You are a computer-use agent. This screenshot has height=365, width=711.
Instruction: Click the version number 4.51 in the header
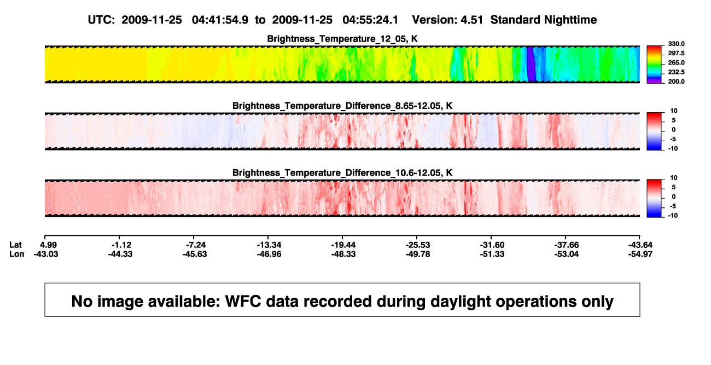[471, 20]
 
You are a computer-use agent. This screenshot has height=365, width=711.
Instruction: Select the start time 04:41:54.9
[220, 20]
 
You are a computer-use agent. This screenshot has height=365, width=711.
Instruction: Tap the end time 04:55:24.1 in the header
[370, 20]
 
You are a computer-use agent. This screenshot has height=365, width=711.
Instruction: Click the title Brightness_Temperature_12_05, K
[342, 39]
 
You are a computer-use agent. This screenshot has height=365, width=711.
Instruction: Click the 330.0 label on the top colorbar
[676, 44]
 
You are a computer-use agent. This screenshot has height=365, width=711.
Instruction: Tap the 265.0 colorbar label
[676, 62]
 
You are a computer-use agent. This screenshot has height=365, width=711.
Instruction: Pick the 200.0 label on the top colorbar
[676, 82]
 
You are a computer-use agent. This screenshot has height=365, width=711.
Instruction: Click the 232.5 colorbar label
[676, 72]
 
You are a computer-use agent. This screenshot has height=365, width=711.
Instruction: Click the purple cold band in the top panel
[531, 64]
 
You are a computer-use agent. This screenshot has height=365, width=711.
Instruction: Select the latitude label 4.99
[48, 245]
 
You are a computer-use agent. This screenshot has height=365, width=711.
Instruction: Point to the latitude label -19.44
[343, 245]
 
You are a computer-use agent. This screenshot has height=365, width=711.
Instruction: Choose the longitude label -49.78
[418, 254]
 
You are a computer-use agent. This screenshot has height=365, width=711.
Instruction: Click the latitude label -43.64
[640, 245]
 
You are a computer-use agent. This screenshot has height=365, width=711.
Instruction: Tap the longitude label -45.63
[195, 254]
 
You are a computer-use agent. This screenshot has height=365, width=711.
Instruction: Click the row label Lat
[15, 245]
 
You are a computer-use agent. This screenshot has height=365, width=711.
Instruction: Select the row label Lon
[17, 254]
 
